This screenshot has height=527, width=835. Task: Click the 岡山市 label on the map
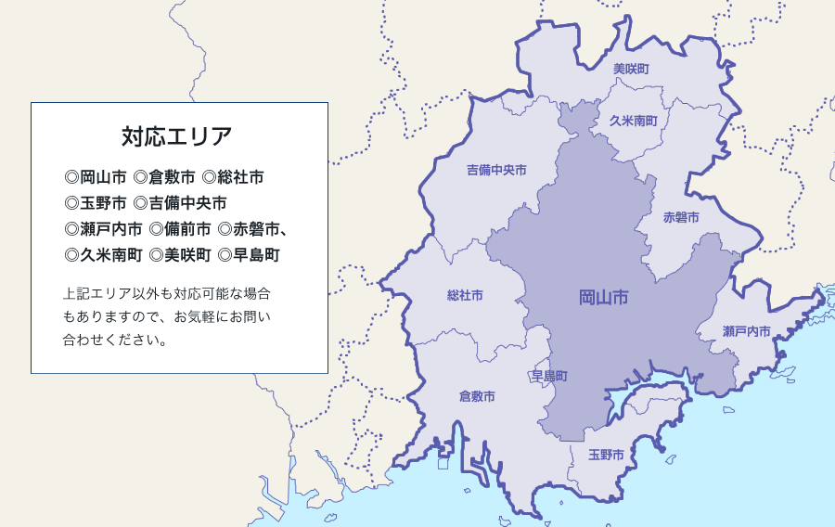click(604, 298)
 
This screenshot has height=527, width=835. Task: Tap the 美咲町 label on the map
click(631, 70)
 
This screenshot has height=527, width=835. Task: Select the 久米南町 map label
click(634, 122)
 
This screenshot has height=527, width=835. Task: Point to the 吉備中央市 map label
click(496, 171)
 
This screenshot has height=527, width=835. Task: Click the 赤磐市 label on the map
click(681, 218)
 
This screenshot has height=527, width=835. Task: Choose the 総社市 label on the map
click(465, 296)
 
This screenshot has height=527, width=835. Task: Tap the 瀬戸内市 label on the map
click(747, 331)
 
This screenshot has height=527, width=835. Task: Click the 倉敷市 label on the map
click(477, 396)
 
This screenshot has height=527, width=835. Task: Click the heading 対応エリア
click(177, 136)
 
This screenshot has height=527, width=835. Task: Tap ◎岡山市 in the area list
click(96, 176)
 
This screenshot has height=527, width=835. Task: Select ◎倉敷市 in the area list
click(164, 176)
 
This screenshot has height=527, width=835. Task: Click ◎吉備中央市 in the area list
click(180, 202)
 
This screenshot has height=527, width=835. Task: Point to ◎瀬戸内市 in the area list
click(103, 228)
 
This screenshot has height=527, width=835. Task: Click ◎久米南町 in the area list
click(103, 254)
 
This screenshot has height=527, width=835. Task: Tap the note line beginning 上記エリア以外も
click(167, 293)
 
